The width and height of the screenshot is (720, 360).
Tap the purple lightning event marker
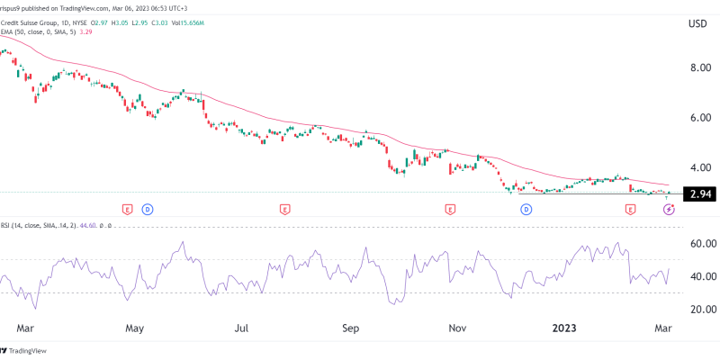click(669, 209)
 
